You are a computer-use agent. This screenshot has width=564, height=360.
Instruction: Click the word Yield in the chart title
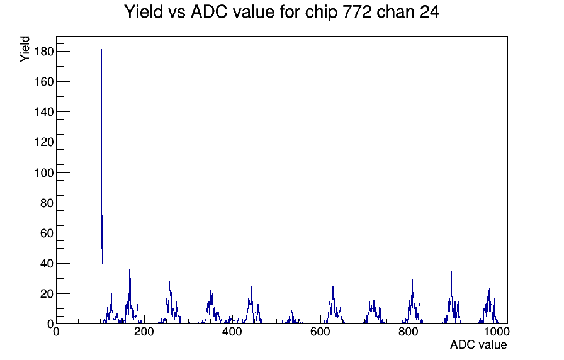(x=144, y=11)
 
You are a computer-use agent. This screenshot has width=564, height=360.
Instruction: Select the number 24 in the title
(x=429, y=11)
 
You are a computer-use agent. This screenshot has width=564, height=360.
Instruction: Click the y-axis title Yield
(x=25, y=49)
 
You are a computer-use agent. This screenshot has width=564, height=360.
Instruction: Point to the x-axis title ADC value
(x=478, y=344)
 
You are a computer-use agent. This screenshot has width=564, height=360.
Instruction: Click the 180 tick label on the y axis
(x=44, y=52)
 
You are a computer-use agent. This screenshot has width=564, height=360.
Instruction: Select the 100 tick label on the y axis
(x=44, y=172)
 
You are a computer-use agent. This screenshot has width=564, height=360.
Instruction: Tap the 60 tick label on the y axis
(x=47, y=233)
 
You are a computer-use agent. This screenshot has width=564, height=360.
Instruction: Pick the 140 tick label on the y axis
(x=44, y=112)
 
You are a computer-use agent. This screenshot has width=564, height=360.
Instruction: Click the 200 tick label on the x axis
(x=144, y=332)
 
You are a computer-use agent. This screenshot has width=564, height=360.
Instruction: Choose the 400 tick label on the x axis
(x=232, y=332)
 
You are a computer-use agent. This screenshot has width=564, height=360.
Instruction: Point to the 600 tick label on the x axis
(x=320, y=332)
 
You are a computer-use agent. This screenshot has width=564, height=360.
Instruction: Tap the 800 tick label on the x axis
(x=409, y=332)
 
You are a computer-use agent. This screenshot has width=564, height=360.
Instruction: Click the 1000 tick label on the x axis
(x=497, y=332)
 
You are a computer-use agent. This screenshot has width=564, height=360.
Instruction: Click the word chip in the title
(x=322, y=12)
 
